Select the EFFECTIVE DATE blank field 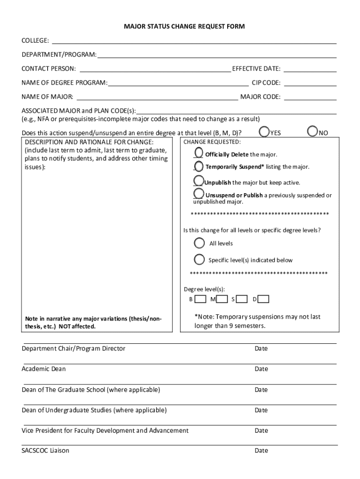click(x=310, y=69)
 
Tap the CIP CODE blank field click(x=310, y=83)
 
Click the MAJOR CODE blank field click(x=310, y=97)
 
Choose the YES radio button click(x=265, y=132)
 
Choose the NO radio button click(x=312, y=132)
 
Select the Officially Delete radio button click(x=198, y=153)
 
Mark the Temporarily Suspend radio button click(x=198, y=167)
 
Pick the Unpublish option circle click(x=198, y=181)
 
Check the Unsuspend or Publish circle click(x=198, y=194)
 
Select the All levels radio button click(x=200, y=243)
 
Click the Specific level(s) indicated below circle click(x=200, y=260)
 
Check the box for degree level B click(x=200, y=298)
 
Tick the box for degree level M click(x=222, y=298)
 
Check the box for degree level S click(x=242, y=298)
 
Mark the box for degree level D click(x=264, y=298)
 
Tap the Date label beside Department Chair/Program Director click(x=261, y=348)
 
